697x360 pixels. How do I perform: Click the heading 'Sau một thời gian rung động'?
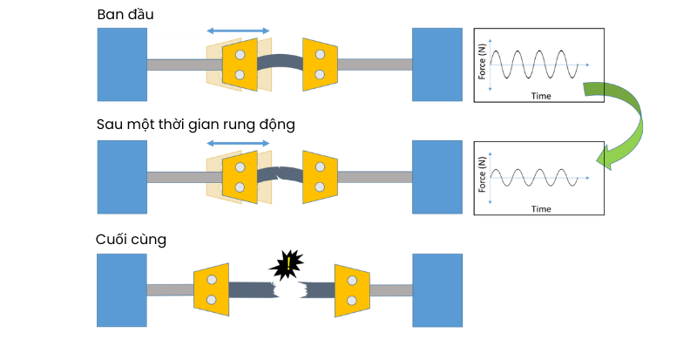pos(196,124)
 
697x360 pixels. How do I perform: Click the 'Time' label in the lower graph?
pos(541,209)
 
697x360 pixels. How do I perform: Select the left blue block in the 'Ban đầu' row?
pos(122,64)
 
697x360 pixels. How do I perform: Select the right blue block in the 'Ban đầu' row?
pos(436,64)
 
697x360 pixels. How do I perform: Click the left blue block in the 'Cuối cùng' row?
pos(122,290)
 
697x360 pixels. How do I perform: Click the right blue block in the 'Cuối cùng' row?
pos(436,290)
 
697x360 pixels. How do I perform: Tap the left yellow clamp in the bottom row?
pos(211,290)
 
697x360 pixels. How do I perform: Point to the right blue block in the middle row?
pos(436,177)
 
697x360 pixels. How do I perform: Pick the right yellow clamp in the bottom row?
pos(352,290)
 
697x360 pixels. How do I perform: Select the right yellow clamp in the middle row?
pos(320,177)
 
